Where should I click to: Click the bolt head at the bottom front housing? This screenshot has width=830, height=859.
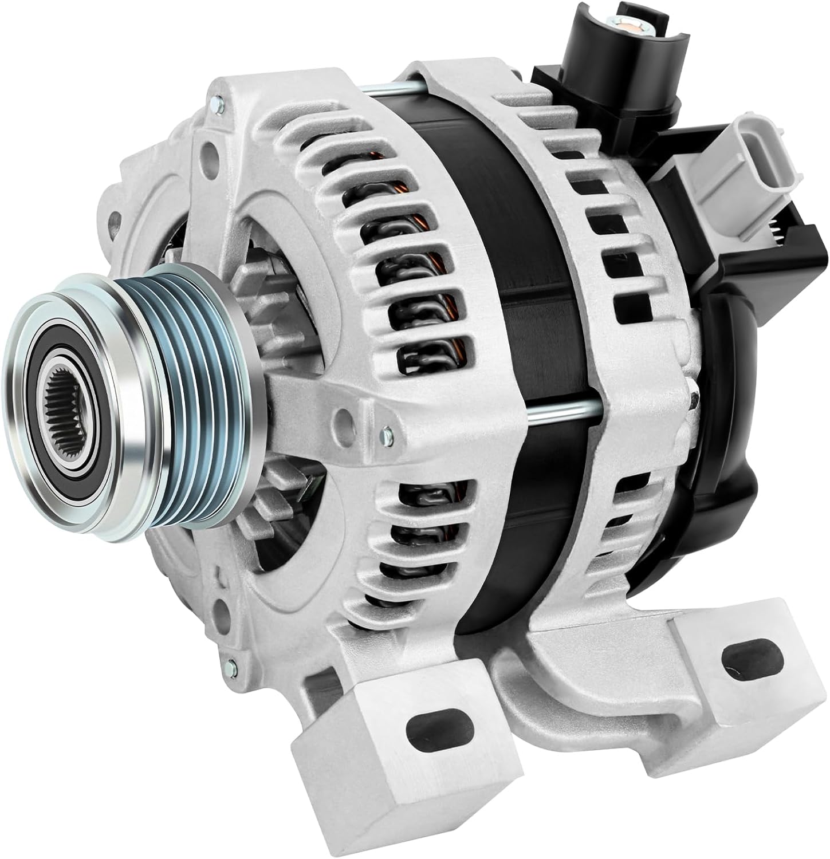click(231, 665)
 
